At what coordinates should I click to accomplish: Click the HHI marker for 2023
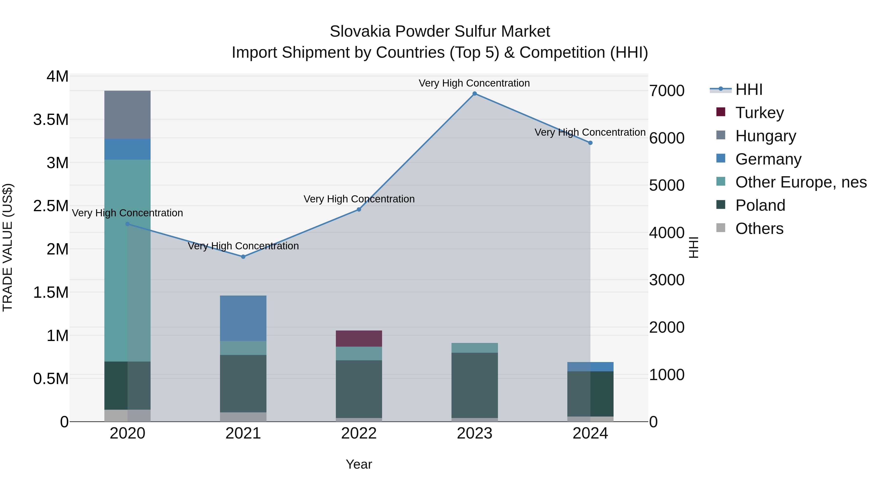[474, 94]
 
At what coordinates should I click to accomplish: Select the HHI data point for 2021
[243, 257]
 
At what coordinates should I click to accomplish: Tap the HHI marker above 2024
[590, 143]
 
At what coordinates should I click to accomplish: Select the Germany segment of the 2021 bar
[243, 318]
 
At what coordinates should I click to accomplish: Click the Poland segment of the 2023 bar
[474, 385]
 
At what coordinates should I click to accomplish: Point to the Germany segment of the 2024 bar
[590, 367]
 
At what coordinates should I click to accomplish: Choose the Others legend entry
[759, 229]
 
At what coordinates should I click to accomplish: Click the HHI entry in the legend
[748, 89]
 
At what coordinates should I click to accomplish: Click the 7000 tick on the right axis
[667, 91]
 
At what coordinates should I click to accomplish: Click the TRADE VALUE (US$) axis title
[8, 247]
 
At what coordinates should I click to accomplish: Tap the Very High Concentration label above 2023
[474, 83]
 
